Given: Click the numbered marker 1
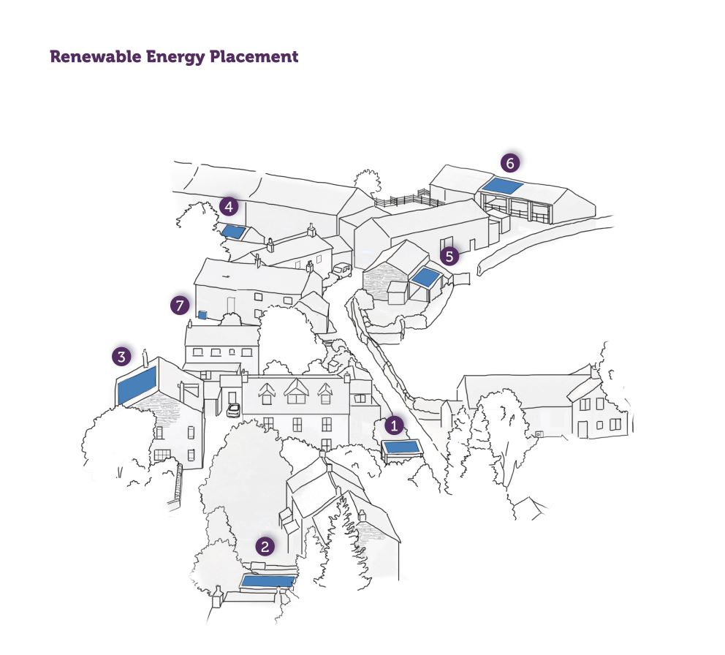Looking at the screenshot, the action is pos(394,425).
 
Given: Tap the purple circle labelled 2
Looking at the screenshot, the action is pos(265,546).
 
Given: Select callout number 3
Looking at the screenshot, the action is pos(121,357).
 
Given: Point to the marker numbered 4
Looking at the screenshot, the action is pos(229,206).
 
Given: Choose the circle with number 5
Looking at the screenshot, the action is pos(449,256).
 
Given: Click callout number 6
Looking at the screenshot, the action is pos(510,163).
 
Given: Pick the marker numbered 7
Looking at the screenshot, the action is pos(180,306).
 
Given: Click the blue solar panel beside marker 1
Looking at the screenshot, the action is pos(401,447).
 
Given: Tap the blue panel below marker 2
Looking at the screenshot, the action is pos(268,581).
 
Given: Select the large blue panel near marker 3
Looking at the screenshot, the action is pos(137,385).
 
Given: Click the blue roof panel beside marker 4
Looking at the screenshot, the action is pos(233,232).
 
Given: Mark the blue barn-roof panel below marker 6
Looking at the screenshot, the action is pos(502,186).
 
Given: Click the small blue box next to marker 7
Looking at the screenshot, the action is pos(202,314).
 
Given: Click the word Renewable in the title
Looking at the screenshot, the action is pos(96,56).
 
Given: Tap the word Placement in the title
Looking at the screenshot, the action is pos(254,57).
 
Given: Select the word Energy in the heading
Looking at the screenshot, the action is pos(175,57).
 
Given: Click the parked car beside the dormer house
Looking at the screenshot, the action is pos(233,410).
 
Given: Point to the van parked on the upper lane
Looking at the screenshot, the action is pos(342,270).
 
